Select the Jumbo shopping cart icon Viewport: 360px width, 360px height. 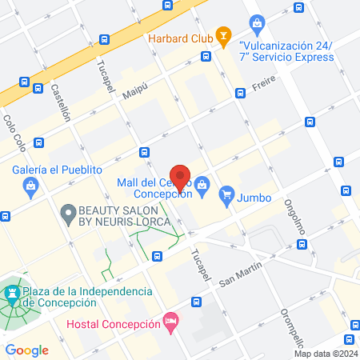click(227, 193)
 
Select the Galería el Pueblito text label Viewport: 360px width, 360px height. click(58, 170)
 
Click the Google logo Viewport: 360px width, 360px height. click(26, 350)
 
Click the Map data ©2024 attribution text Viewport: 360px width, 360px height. click(325, 354)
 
